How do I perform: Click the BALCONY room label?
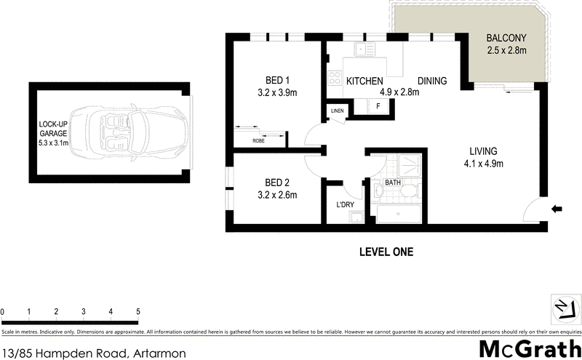[506, 38]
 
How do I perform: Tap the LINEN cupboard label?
[337, 111]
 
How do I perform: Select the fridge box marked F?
[378, 107]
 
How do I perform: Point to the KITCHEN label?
[364, 81]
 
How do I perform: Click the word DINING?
[432, 81]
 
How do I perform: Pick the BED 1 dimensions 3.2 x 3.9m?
[277, 92]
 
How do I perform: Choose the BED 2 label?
[277, 182]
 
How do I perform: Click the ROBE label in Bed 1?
[258, 140]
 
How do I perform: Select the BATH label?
[393, 183]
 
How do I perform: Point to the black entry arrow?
[558, 209]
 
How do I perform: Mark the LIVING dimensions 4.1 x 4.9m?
[483, 164]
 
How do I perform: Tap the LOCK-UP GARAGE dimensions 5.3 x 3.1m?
[54, 143]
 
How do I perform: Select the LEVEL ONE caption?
[386, 252]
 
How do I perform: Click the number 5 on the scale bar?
[137, 311]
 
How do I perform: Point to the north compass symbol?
[563, 308]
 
